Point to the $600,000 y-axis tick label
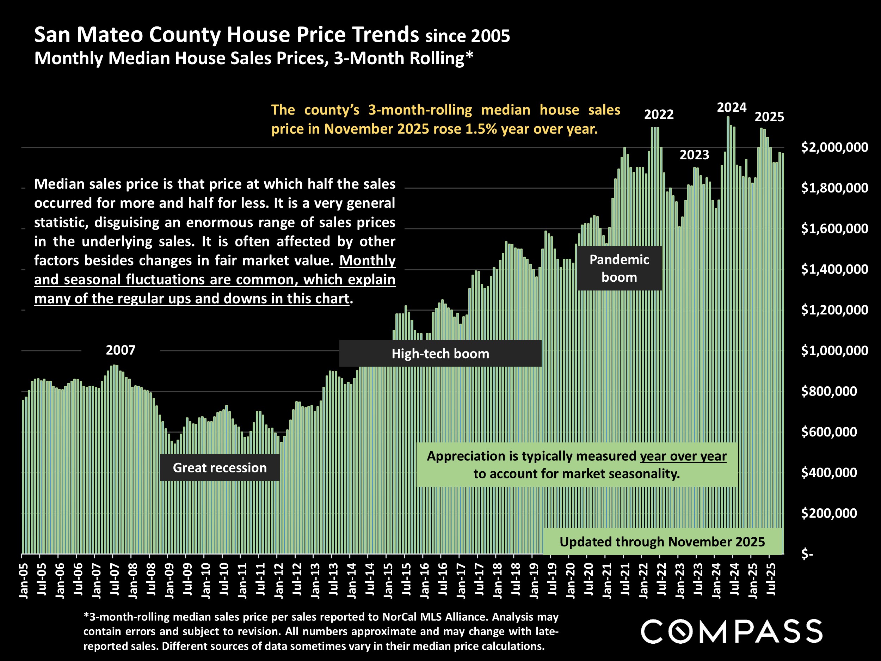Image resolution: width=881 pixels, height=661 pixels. pos(829,432)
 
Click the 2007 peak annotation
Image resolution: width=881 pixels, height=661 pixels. pos(120,350)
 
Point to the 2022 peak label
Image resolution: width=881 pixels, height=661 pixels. pos(659,115)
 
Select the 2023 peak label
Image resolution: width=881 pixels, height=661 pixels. pos(694,155)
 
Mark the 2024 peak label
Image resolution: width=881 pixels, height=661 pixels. pos(731,108)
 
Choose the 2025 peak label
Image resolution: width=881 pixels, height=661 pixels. pos(769,117)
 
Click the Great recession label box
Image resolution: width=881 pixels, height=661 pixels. pos(220,467)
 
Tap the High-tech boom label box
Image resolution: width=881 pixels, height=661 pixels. pos(440,353)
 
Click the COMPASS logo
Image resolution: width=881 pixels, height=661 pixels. pos(731,631)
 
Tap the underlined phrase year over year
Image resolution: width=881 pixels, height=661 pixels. pos(683,456)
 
